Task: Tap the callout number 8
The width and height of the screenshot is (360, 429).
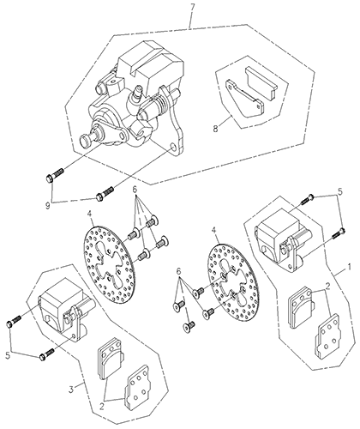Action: pyautogui.click(x=215, y=129)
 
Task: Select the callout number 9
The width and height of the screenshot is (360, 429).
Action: pyautogui.click(x=48, y=205)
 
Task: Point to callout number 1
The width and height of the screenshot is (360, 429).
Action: pyautogui.click(x=349, y=268)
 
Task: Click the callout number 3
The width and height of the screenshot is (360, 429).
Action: pyautogui.click(x=71, y=389)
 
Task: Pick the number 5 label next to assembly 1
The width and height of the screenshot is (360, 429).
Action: pyautogui.click(x=339, y=192)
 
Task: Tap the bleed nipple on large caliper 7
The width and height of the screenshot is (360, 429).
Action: pyautogui.click(x=137, y=93)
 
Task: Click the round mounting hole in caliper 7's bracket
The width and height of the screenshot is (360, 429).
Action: pyautogui.click(x=172, y=148)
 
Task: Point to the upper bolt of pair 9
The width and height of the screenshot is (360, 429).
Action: pyautogui.click(x=54, y=175)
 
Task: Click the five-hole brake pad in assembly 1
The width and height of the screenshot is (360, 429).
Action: pyautogui.click(x=327, y=336)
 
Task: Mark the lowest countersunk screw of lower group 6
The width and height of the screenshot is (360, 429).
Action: pyautogui.click(x=189, y=325)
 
